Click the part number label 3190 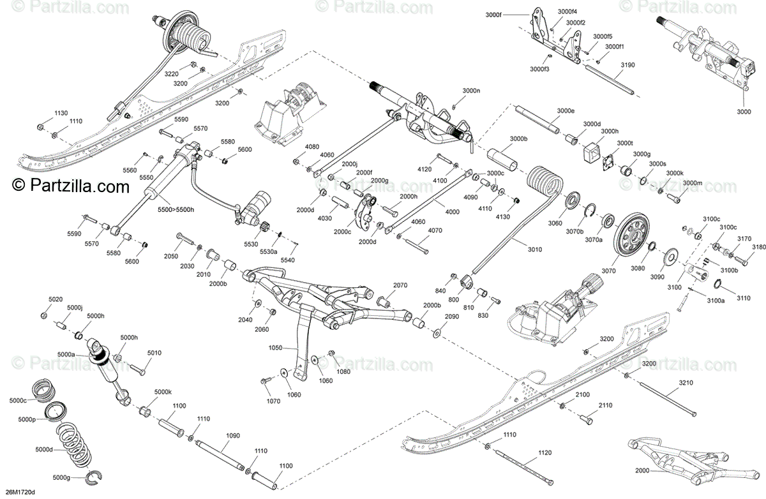627,65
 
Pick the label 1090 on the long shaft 233,436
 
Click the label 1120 544,452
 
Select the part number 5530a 269,253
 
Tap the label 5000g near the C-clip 62,477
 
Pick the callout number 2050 170,255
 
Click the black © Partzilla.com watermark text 70,186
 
